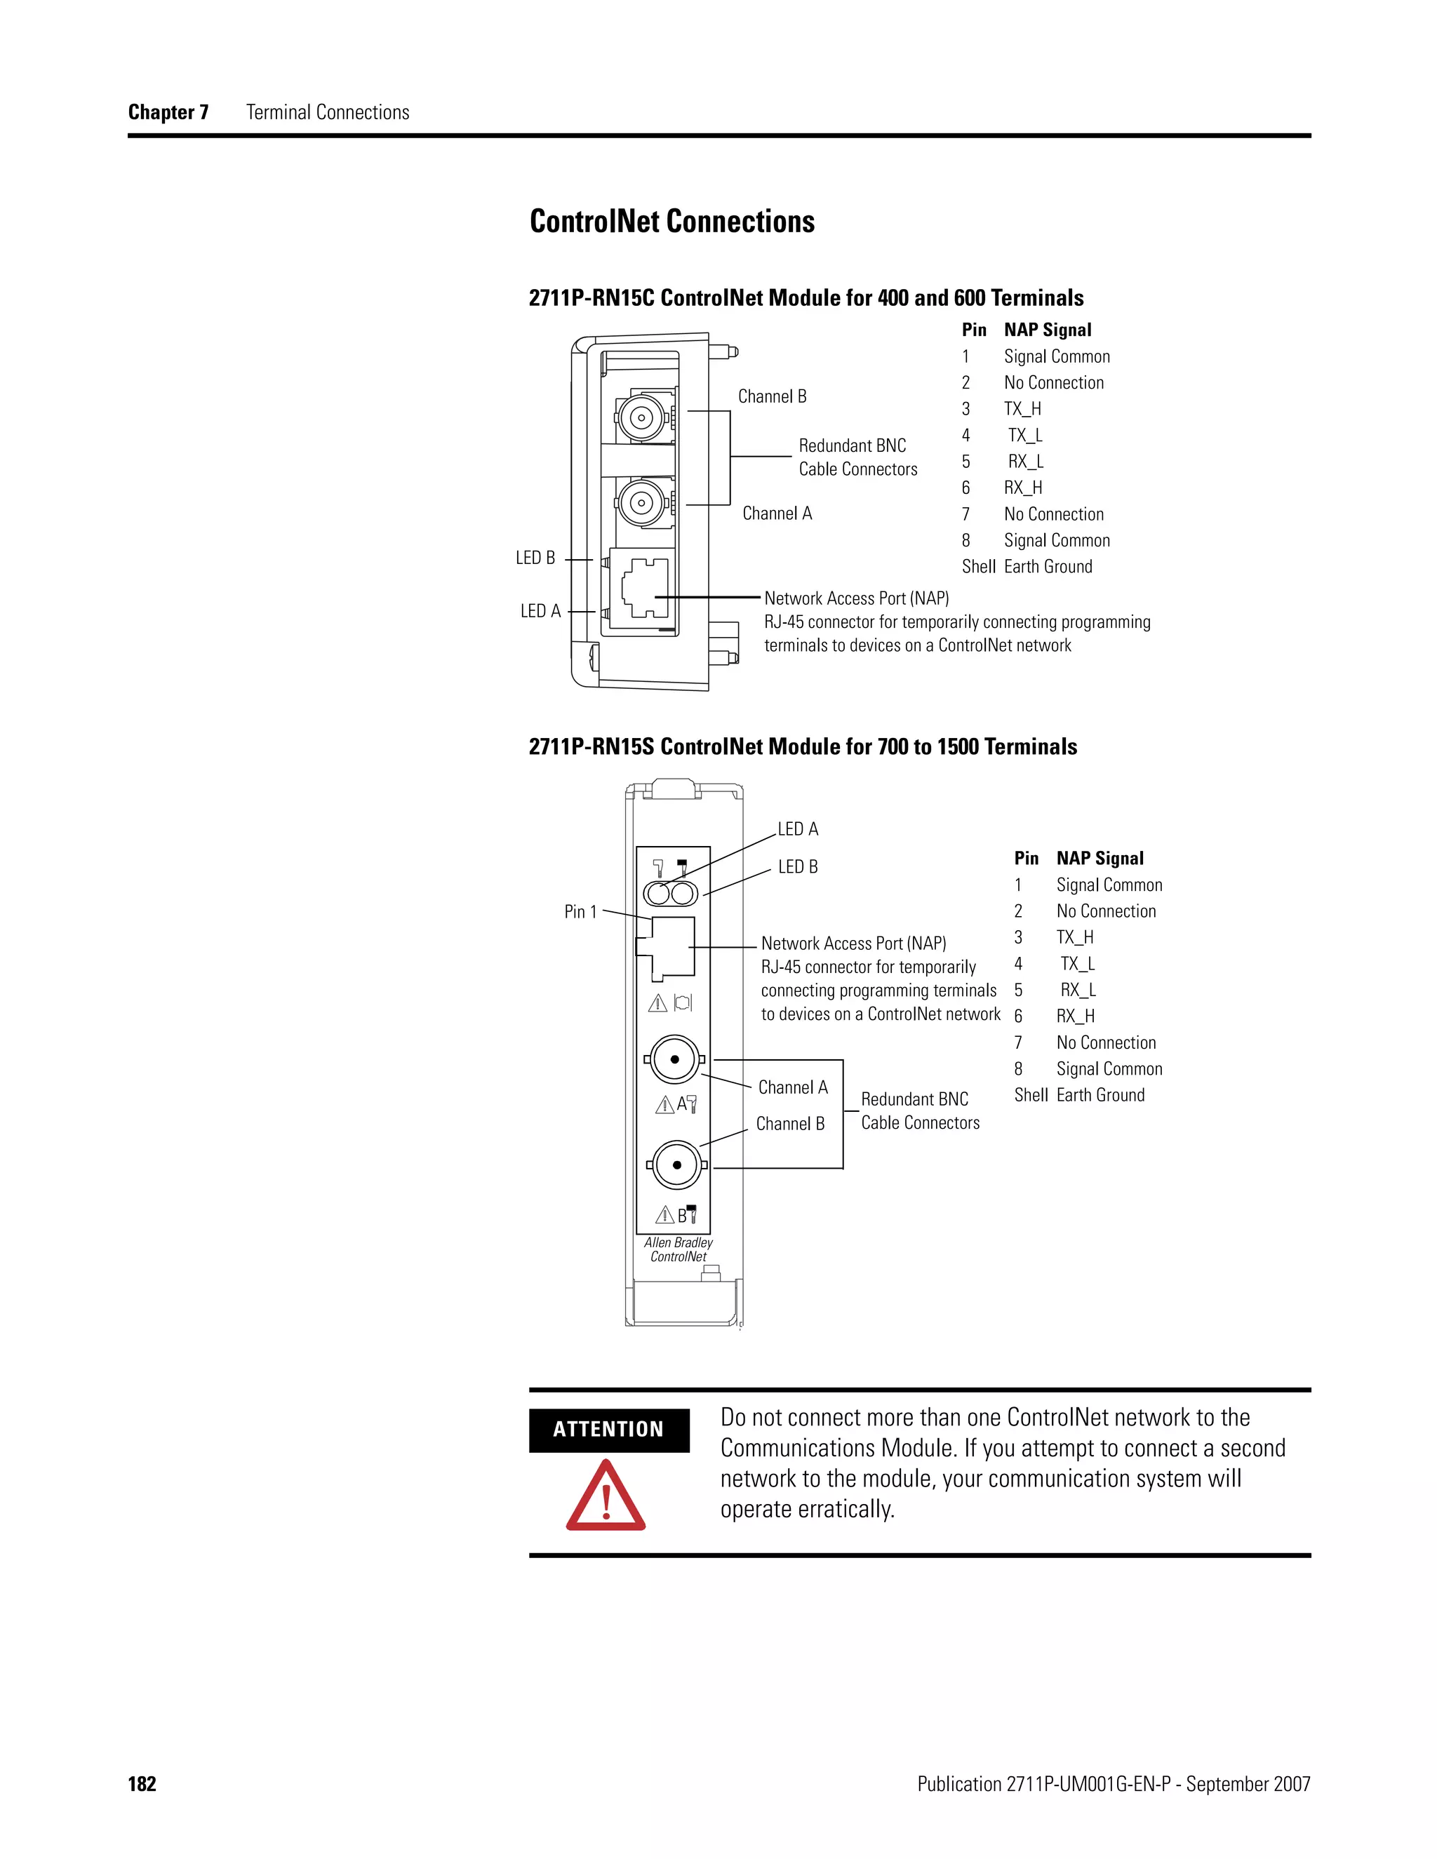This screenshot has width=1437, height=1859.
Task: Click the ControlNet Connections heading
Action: [x=671, y=221]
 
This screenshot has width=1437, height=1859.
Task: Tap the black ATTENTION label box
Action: [x=608, y=1429]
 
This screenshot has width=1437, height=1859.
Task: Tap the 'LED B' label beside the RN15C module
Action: [x=535, y=558]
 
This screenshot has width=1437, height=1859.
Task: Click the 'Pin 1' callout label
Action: [x=580, y=912]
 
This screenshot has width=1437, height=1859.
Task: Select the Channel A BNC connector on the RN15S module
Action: [x=674, y=1060]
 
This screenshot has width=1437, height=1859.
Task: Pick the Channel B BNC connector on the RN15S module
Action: [x=677, y=1165]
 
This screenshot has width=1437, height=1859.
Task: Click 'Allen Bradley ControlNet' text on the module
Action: [x=679, y=1249]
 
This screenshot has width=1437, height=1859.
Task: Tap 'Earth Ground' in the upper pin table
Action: [x=1048, y=567]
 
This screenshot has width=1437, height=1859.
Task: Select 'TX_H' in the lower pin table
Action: [x=1075, y=937]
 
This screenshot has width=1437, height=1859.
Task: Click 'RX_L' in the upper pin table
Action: [x=1026, y=462]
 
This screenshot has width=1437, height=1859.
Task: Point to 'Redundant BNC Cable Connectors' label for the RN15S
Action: [x=919, y=1110]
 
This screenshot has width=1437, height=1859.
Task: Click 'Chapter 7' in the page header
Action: [x=168, y=112]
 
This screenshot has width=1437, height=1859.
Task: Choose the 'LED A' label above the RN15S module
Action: [x=798, y=829]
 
